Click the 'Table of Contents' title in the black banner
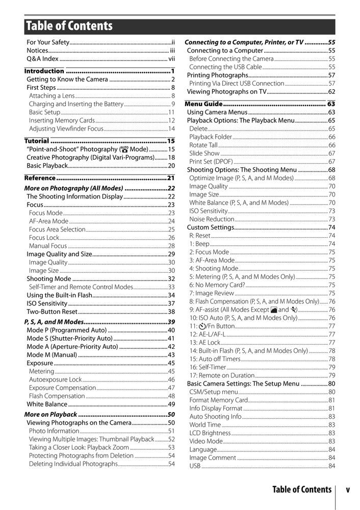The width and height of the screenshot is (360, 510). [69, 26]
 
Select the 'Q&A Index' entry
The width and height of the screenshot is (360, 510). [43, 59]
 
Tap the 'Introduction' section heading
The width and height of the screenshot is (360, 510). [45, 71]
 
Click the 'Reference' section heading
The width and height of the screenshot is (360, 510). [40, 178]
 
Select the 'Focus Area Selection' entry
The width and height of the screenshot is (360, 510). [57, 229]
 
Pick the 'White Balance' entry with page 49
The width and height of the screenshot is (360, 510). [47, 404]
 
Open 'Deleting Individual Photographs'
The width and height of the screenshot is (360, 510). [73, 464]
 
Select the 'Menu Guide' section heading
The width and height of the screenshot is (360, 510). [204, 104]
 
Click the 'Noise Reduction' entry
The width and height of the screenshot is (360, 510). [212, 219]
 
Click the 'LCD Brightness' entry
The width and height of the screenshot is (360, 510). [210, 433]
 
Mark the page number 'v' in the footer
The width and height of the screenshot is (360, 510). [347, 490]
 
